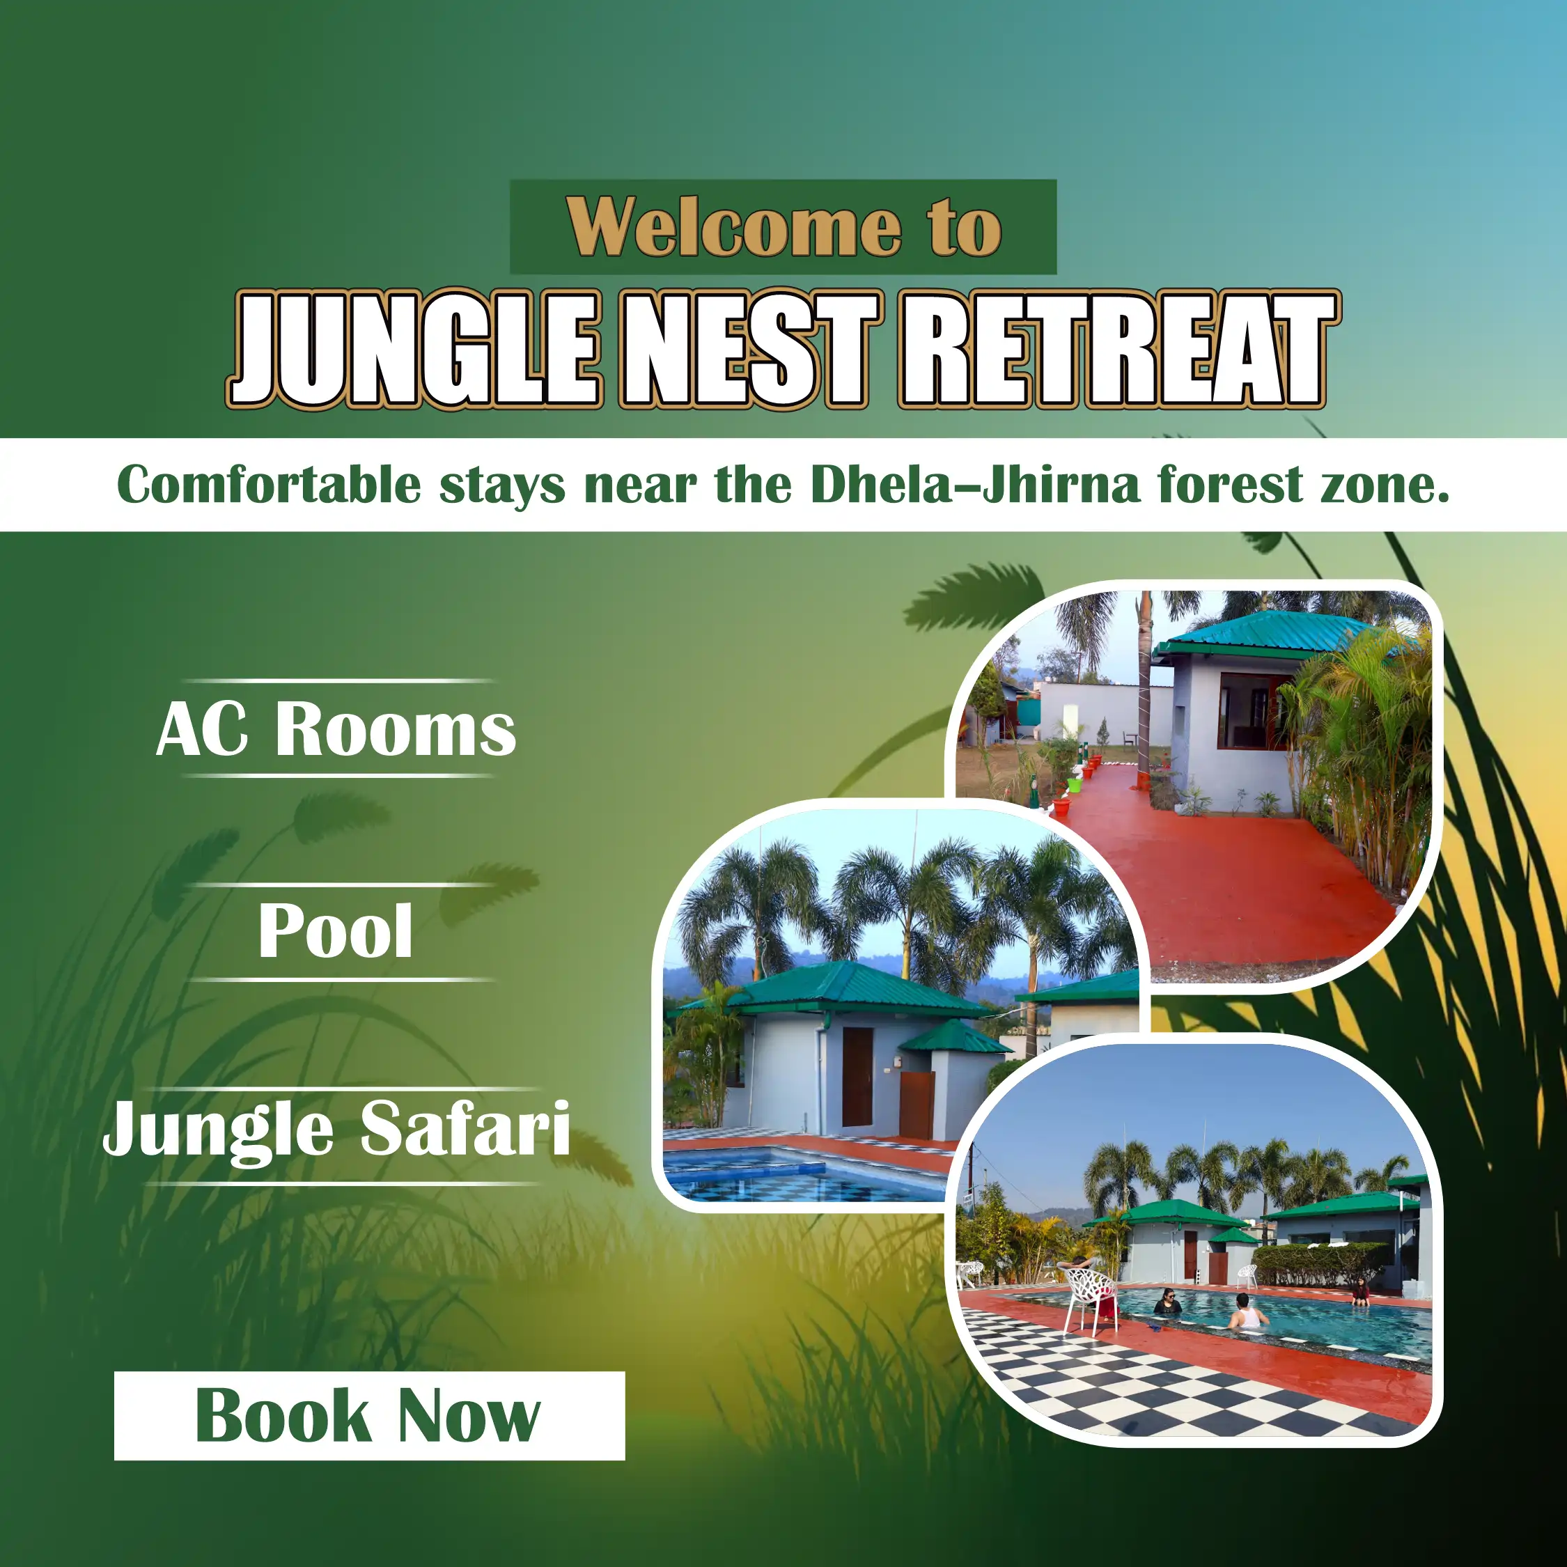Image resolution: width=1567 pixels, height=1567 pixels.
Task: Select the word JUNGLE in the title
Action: tap(414, 349)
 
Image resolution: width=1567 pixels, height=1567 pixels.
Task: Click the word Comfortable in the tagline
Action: tap(270, 485)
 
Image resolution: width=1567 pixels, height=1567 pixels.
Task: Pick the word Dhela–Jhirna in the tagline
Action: tap(976, 485)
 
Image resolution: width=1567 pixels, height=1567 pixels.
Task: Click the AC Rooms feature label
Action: tap(336, 729)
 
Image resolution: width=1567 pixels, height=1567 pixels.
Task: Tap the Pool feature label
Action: tap(336, 930)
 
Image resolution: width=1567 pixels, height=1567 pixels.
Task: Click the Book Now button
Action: tap(369, 1416)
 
